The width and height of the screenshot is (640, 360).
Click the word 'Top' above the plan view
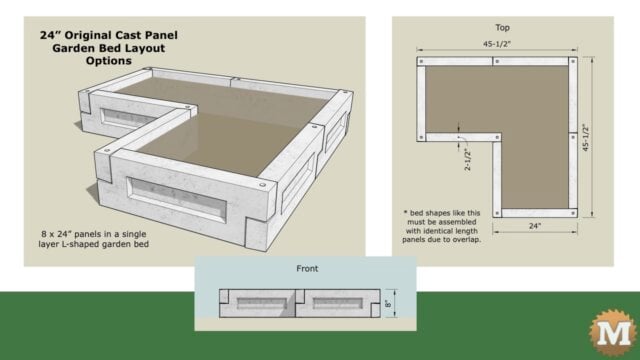pyautogui.click(x=502, y=27)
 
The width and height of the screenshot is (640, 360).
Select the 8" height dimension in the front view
pyautogui.click(x=389, y=301)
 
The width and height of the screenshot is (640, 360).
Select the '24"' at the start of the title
pyautogui.click(x=51, y=34)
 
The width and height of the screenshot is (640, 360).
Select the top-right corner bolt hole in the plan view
pyautogui.click(x=572, y=62)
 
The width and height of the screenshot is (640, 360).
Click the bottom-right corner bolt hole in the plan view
pyautogui.click(x=572, y=210)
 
